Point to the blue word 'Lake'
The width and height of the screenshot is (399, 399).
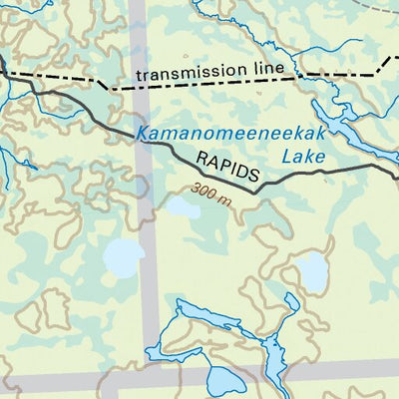click(303, 156)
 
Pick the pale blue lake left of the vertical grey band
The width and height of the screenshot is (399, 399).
click(122, 258)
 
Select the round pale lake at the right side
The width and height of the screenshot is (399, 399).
click(312, 268)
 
